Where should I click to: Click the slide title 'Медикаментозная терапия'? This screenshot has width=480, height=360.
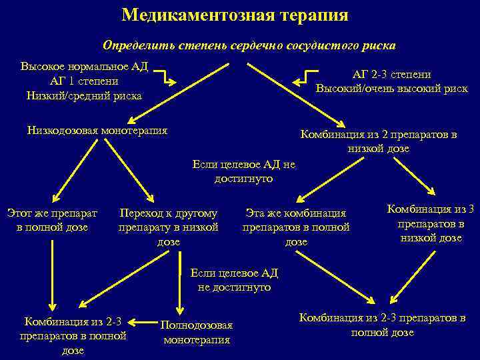point(235,15)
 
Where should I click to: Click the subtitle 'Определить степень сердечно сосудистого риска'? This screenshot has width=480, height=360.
point(249,45)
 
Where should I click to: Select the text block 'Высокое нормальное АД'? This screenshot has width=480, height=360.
point(84,67)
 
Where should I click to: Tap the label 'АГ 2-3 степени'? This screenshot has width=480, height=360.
point(391,75)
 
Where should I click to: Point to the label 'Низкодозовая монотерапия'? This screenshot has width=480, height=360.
point(97,130)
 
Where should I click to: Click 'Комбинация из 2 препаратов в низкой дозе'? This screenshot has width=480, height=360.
point(378,141)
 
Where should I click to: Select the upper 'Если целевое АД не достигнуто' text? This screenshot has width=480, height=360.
point(243,171)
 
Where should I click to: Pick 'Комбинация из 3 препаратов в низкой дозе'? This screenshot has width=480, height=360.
point(431,223)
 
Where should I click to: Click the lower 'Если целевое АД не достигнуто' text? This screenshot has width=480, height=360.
point(234,280)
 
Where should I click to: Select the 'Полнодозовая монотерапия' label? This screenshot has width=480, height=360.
point(197,332)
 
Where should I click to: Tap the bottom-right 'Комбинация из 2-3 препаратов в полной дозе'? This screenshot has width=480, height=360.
point(382,325)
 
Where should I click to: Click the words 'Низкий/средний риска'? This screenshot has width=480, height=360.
point(84,95)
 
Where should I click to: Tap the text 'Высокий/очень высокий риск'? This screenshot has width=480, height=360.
point(391,89)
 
